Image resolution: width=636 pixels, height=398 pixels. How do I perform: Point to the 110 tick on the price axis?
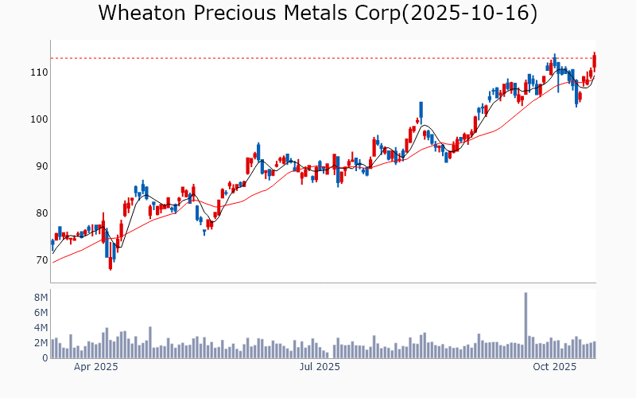pos(38,72)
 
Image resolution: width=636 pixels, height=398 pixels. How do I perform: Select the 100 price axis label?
pos(38,119)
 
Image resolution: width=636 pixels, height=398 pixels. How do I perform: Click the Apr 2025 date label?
pos(95,367)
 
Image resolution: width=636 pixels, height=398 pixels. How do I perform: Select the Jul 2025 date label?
pos(320,367)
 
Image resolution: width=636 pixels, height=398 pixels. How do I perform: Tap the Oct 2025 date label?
pos(554,367)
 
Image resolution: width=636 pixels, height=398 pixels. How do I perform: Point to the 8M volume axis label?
pos(41,298)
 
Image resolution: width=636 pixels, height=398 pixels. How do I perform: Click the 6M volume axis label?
pos(41,313)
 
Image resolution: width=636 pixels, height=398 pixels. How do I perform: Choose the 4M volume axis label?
pos(41,328)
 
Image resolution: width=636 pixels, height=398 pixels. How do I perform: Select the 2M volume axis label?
pos(41,343)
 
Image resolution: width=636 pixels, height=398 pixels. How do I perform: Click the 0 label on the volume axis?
pos(45,358)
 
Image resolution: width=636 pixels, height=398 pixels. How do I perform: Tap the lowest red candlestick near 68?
pos(110,264)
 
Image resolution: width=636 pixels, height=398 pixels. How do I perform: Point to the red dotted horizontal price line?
pos(318,58)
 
